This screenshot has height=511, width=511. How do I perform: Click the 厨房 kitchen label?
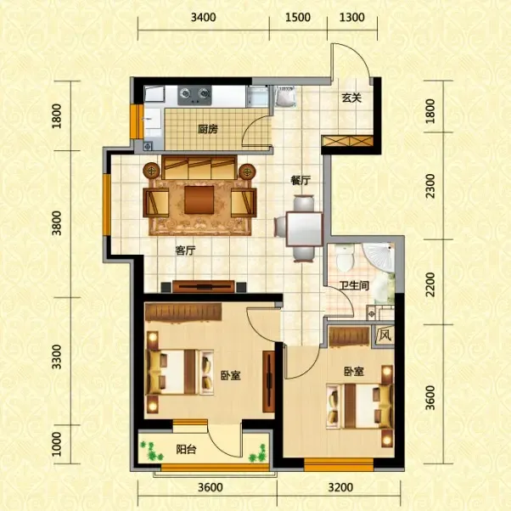pyautogui.click(x=208, y=129)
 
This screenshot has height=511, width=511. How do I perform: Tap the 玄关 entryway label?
pyautogui.click(x=351, y=98)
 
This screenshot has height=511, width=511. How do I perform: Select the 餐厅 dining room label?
pyautogui.click(x=300, y=180)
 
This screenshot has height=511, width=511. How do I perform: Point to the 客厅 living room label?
pyautogui.click(x=185, y=250)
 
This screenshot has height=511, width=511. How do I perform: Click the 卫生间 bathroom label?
pyautogui.click(x=354, y=286)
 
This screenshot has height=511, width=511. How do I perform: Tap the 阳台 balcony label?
pyautogui.click(x=186, y=450)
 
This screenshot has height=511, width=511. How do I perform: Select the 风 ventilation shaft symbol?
pyautogui.click(x=385, y=335)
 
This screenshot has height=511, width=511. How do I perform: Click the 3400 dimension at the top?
pyautogui.click(x=204, y=17)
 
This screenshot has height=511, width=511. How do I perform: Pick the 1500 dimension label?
pyautogui.click(x=298, y=17)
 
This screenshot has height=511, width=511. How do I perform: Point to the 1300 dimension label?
pyautogui.click(x=352, y=17)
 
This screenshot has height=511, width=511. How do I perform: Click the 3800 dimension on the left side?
pyautogui.click(x=57, y=223)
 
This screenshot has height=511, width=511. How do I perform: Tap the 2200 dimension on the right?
pyautogui.click(x=430, y=284)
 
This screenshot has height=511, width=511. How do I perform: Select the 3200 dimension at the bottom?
pyautogui.click(x=341, y=487)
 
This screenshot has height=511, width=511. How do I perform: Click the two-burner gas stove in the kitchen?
pyautogui.click(x=194, y=95)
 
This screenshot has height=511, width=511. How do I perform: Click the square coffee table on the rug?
pyautogui.click(x=199, y=199)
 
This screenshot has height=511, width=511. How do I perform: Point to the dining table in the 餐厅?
pyautogui.click(x=305, y=229)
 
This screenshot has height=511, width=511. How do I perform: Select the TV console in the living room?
pyautogui.click(x=204, y=286)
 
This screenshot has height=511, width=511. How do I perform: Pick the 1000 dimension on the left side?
pyautogui.click(x=57, y=444)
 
